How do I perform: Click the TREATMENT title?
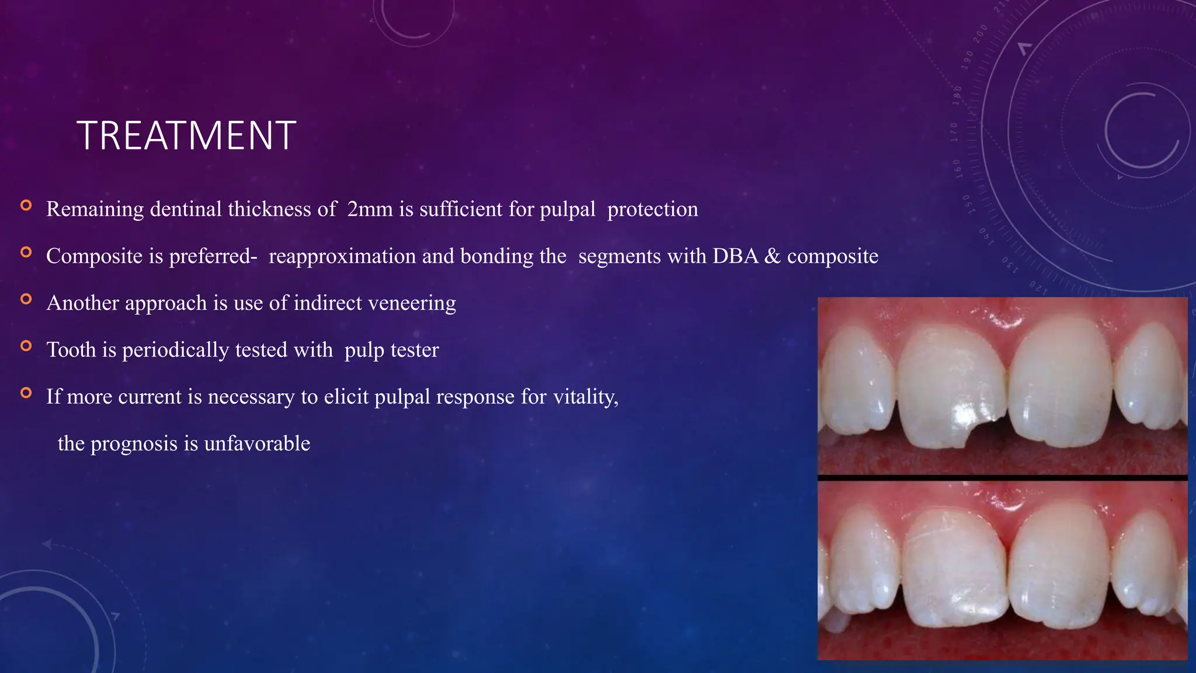(186, 136)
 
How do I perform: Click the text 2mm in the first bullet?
(370, 209)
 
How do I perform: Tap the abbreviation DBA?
(735, 256)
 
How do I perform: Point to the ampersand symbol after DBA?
(772, 256)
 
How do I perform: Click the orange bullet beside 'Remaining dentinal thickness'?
(26, 205)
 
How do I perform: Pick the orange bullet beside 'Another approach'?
(26, 299)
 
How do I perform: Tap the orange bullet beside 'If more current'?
(26, 393)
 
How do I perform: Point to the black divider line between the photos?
(1002, 478)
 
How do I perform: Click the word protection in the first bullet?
(652, 209)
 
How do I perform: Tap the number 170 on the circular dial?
(954, 132)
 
